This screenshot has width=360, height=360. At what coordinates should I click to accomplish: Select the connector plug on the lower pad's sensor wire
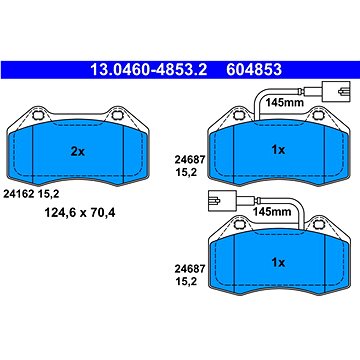tap(214, 198)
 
